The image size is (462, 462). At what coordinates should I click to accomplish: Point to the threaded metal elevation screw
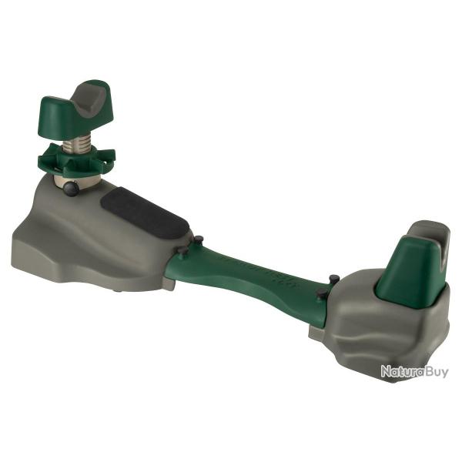77,140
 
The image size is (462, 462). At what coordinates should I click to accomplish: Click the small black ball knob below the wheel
71,188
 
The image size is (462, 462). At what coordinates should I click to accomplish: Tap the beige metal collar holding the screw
75,179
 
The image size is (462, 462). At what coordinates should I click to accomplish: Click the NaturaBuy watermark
413,372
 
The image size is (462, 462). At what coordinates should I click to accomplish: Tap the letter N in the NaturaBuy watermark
385,372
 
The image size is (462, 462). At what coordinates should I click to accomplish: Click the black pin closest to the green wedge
333,279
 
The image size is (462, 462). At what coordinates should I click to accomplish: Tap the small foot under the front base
120,290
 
